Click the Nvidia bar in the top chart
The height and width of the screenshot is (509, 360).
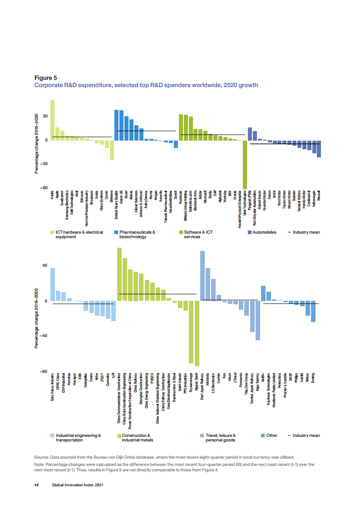click(52, 120)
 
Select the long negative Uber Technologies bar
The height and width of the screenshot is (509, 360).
click(245, 164)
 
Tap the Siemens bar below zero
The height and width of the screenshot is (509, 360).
click(112, 150)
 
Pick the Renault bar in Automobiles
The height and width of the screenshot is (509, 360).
click(319, 149)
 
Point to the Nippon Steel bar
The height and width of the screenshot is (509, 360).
click(197, 333)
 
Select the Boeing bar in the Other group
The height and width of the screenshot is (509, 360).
click(313, 312)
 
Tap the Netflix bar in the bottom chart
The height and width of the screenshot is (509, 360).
click(263, 294)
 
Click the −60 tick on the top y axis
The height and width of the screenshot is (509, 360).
click(44, 188)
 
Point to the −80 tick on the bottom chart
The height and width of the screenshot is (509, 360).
click(44, 372)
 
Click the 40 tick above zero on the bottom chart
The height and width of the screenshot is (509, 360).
click(45, 266)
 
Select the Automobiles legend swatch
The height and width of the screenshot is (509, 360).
click(250, 232)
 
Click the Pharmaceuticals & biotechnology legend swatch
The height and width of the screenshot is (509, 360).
click(116, 232)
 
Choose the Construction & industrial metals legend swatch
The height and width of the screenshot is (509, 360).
click(120, 436)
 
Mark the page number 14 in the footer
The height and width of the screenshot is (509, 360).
click(36, 485)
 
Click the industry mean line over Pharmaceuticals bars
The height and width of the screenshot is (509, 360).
click(145, 131)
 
